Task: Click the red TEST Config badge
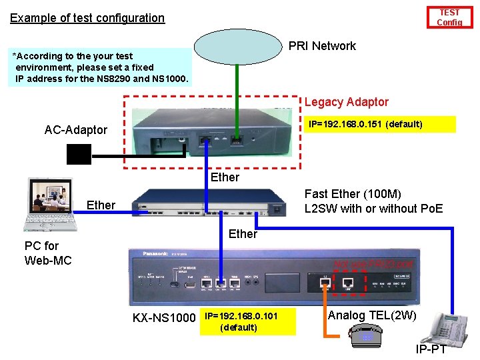click(x=449, y=17)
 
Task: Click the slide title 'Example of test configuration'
click(x=87, y=18)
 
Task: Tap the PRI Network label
click(x=322, y=46)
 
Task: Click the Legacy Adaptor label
click(x=346, y=102)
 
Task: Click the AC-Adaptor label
click(x=75, y=130)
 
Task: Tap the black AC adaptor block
click(x=79, y=155)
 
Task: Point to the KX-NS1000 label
click(x=164, y=318)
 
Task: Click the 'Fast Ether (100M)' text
click(x=353, y=194)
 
